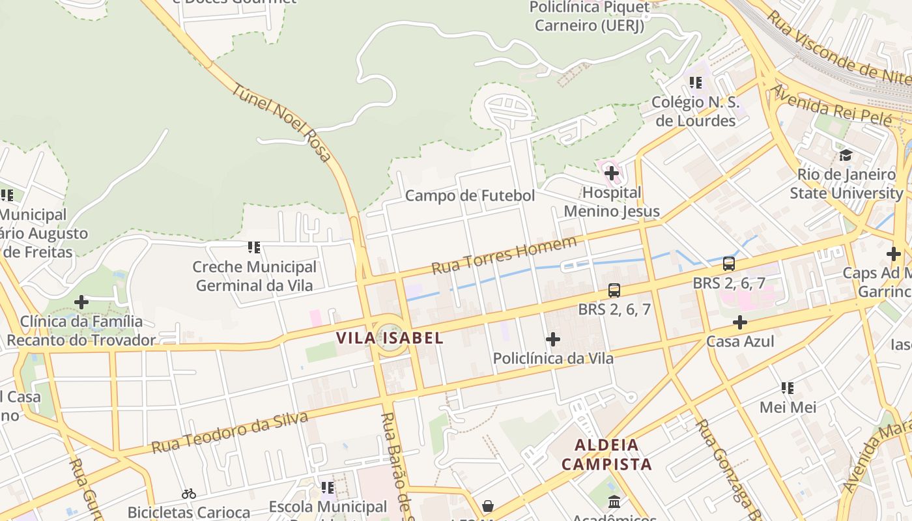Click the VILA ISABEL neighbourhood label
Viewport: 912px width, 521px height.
pyautogui.click(x=390, y=338)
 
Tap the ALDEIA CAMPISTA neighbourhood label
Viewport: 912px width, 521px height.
pyautogui.click(x=606, y=455)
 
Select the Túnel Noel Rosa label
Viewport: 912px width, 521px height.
pyautogui.click(x=281, y=123)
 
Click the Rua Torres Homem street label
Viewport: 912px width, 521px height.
pyautogui.click(x=504, y=255)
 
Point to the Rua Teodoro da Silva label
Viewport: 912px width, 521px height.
pyautogui.click(x=229, y=433)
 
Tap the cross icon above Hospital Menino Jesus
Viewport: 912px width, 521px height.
pyautogui.click(x=611, y=173)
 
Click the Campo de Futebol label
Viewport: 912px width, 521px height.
pyautogui.click(x=470, y=195)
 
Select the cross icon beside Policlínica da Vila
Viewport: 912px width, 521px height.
pyautogui.click(x=553, y=339)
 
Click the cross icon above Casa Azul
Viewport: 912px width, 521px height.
pyautogui.click(x=739, y=322)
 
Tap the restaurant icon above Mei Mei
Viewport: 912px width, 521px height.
pyautogui.click(x=788, y=389)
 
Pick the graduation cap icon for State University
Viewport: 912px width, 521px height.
pyautogui.click(x=846, y=155)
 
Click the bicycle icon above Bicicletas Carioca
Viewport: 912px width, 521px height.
pyautogui.click(x=189, y=494)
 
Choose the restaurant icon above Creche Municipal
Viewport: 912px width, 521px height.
pyautogui.click(x=254, y=247)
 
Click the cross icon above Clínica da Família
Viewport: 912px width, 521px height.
pyautogui.click(x=81, y=302)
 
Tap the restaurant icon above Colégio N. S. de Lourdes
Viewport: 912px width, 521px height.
pyautogui.click(x=695, y=83)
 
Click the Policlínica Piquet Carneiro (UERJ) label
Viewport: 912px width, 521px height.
pyautogui.click(x=589, y=16)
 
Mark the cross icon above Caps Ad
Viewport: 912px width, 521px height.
pyautogui.click(x=893, y=254)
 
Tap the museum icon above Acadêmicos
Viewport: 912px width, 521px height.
pyautogui.click(x=614, y=501)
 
